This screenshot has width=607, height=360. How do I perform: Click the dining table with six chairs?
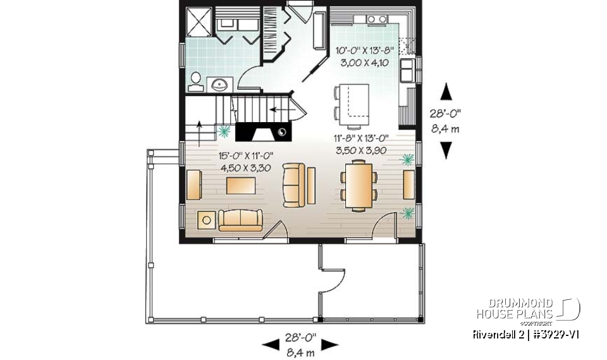[x=358, y=184]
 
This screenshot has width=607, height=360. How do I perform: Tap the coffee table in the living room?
[x=241, y=185]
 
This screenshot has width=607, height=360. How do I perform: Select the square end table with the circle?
[x=206, y=220]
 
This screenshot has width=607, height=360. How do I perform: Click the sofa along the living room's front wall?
[x=241, y=220]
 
